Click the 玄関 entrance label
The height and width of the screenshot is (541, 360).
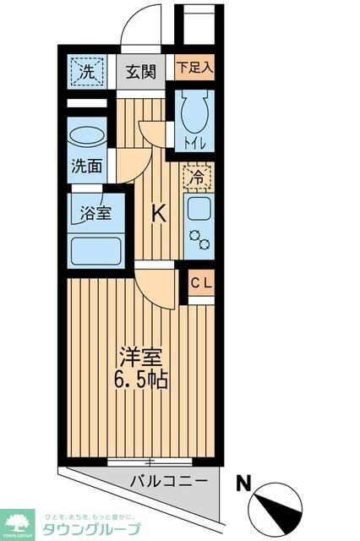click(141, 72)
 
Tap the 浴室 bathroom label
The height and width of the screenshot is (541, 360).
click(94, 211)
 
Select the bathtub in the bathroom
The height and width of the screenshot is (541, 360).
click(98, 250)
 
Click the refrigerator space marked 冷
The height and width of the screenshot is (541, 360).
click(196, 178)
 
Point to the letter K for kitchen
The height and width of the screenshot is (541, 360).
click(158, 215)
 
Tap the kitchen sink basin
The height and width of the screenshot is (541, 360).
click(199, 210)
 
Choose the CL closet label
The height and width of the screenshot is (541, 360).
click(201, 283)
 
